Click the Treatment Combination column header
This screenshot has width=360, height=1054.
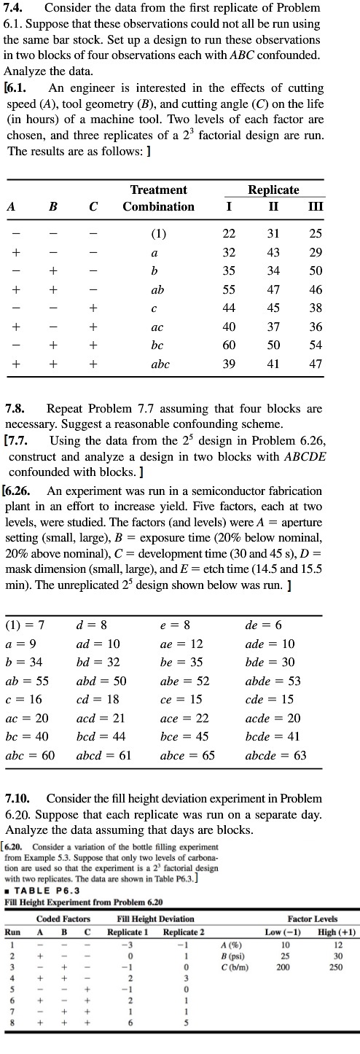pos(158,198)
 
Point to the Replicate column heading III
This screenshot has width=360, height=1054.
pos(316,206)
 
